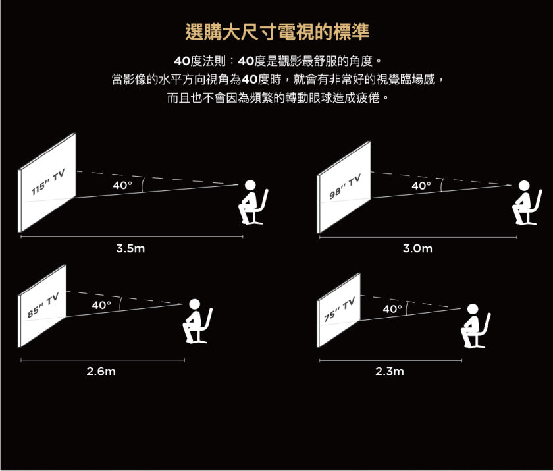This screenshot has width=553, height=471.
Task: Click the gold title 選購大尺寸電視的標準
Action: pos(277,32)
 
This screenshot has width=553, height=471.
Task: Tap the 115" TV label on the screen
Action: pos(48,181)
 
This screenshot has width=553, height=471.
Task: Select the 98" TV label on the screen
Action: pos(345,186)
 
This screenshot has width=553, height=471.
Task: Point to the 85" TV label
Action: pos(43,305)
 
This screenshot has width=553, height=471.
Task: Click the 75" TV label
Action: pos(340,310)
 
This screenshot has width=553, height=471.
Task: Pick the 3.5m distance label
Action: pos(130,248)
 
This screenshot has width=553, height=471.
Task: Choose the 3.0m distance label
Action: pos(417,248)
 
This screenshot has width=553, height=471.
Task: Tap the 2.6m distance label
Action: pos(101,371)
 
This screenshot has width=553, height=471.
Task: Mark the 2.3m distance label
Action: pos(389,371)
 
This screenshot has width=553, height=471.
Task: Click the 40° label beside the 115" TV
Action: pos(122,185)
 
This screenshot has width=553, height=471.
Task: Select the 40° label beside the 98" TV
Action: pos(421,186)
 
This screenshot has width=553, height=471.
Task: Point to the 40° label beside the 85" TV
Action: pos(101,304)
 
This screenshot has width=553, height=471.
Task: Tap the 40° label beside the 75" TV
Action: pos(392,309)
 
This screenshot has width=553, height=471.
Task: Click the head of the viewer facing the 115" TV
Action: pos(250,186)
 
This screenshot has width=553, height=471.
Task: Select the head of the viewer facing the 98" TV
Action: pos(524,186)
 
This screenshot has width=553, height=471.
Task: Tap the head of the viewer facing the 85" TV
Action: pos(194,305)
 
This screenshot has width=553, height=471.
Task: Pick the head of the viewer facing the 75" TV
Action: pos(473,310)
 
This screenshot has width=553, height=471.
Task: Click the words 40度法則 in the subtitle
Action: pos(199,61)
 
